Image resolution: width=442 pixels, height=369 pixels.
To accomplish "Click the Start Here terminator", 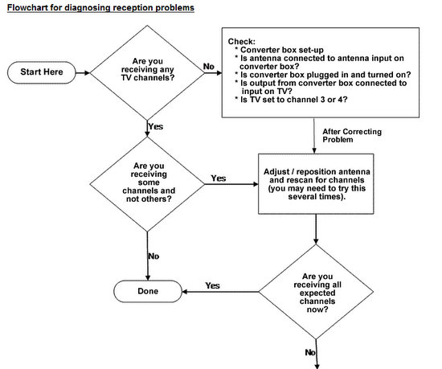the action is [42, 72].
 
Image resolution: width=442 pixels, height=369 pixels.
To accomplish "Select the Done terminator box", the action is [148, 292].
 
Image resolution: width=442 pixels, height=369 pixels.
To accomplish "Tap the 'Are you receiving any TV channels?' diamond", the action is [147, 72].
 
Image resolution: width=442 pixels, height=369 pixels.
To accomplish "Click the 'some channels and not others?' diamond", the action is [147, 184].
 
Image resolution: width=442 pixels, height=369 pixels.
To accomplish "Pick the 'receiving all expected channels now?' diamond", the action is [316, 292].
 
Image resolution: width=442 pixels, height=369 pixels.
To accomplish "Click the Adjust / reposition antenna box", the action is [316, 184].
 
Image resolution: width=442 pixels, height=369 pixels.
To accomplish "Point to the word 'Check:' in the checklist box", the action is [242, 42].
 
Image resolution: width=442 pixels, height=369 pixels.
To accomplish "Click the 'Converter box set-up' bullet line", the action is [279, 50].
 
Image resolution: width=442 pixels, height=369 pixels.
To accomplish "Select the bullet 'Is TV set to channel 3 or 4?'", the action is [291, 100].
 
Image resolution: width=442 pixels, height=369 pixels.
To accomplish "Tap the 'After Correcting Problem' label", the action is [352, 136].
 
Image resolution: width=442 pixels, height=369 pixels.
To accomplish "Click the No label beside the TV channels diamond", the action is [209, 67].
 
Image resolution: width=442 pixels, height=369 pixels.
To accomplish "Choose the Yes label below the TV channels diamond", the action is [156, 126].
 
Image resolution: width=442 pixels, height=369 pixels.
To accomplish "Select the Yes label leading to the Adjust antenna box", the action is [219, 178].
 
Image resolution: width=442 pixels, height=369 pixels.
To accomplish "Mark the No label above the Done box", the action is [153, 256].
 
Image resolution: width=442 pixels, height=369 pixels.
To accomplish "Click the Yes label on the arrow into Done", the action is [212, 285].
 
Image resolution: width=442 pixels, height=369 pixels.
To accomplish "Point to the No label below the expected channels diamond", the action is [310, 352].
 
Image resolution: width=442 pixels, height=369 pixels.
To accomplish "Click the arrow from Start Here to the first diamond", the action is [83, 72].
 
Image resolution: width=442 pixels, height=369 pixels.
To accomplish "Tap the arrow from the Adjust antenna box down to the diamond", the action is [316, 229].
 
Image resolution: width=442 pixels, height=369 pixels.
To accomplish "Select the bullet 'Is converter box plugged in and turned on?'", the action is [323, 75].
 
